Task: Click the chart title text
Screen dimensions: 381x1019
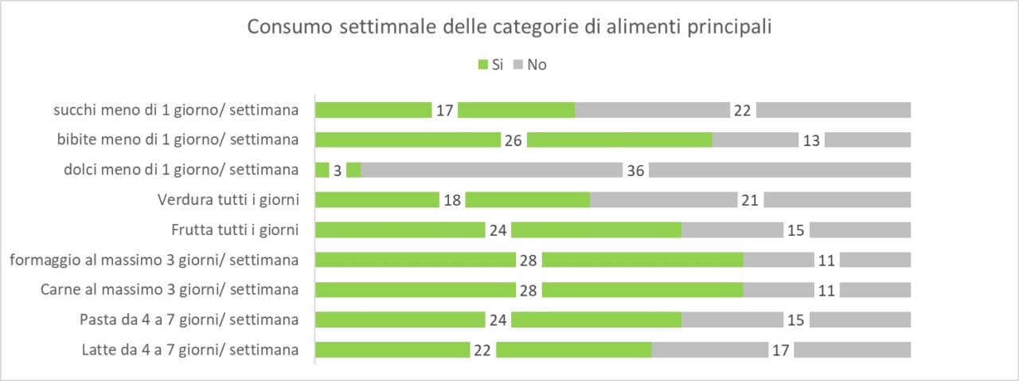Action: coord(509,26)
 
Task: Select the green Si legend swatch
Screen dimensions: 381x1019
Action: coord(482,65)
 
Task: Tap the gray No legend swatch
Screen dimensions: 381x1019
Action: coord(517,65)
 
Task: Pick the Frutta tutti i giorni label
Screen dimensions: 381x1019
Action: coord(234,230)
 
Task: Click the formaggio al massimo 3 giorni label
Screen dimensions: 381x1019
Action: coord(154,260)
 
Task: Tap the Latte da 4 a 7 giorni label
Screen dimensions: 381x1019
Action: coord(189,349)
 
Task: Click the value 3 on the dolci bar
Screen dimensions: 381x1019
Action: coord(338,171)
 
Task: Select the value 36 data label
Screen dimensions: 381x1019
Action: coord(635,171)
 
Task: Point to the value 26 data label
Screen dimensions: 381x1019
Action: coord(513,140)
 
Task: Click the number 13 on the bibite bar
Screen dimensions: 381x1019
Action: coord(811,140)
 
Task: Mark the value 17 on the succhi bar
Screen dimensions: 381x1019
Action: coord(444,110)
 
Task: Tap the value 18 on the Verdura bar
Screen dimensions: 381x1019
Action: coord(452,200)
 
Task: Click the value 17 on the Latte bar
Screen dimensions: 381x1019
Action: coord(781,350)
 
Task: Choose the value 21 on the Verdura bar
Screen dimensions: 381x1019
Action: coord(750,200)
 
